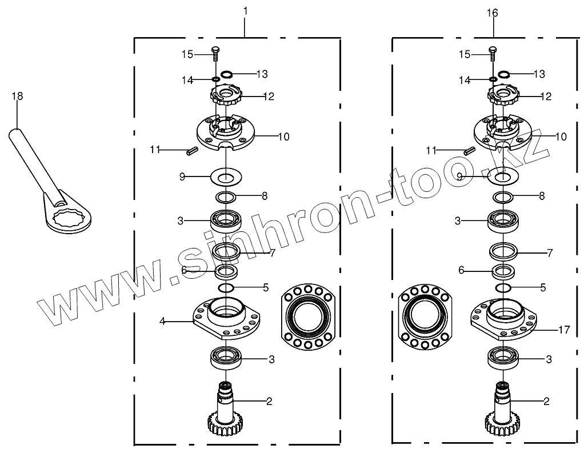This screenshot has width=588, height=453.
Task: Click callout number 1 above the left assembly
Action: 245,11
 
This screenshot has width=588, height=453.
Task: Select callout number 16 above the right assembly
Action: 492,11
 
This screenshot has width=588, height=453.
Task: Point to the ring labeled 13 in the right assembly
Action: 503,74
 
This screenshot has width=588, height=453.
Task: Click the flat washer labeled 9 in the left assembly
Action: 227,177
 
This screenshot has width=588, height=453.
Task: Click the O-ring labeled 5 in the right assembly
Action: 503,287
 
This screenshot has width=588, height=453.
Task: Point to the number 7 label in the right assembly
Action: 550,252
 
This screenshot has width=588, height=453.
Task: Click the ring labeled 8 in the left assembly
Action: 227,198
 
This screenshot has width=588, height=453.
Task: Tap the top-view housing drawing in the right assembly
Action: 424,316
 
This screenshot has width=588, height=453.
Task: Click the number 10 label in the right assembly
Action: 561,137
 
